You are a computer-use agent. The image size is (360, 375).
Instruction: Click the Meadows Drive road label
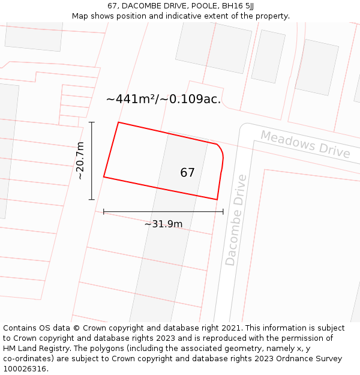(305, 144)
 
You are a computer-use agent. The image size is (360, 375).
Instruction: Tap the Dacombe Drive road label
(236, 220)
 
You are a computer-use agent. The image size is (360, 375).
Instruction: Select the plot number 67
(187, 173)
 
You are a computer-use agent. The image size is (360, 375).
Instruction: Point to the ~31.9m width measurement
(163, 224)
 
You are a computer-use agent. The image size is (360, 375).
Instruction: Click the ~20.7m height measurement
(80, 161)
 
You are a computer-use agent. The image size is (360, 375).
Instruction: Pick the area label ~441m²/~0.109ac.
(163, 99)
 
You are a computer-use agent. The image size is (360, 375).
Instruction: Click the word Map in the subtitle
(80, 16)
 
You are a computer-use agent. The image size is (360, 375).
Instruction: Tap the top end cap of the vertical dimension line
(92, 122)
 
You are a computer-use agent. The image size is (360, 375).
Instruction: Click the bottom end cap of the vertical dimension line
(92, 199)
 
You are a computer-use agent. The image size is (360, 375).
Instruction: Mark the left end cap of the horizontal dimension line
(104, 211)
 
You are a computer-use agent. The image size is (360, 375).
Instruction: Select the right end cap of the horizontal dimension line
(223, 211)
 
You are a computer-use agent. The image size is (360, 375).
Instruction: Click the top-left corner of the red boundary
(118, 122)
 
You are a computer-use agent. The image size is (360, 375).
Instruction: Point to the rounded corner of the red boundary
(220, 149)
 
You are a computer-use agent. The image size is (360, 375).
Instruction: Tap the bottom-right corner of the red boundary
(217, 199)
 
